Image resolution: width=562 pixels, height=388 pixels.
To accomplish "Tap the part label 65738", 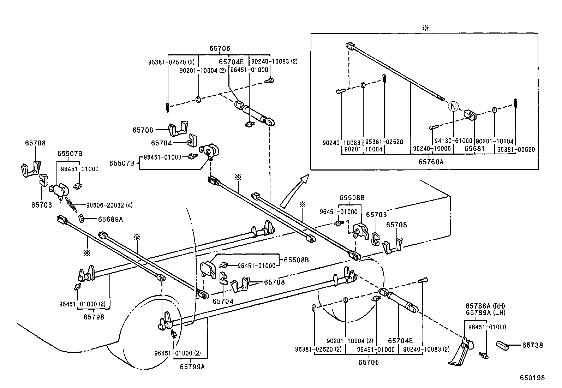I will [x=533, y=345].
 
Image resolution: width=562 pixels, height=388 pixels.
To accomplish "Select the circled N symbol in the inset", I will [x=453, y=106].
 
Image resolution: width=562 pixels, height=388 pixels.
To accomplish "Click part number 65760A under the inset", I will [x=431, y=162].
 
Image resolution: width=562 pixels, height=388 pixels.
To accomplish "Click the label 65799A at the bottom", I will [x=192, y=366].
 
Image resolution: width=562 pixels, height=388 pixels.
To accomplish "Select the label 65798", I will [x=94, y=317].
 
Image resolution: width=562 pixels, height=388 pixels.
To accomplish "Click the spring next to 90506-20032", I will [x=71, y=205].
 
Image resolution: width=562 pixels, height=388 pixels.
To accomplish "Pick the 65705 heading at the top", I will [x=220, y=49].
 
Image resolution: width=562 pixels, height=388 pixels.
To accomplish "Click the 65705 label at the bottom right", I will [x=369, y=362].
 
